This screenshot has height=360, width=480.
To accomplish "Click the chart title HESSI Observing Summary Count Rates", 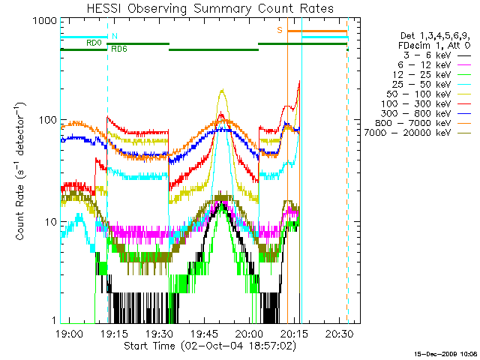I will coord(210,8).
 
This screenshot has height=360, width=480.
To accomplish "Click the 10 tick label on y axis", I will coord(50,223).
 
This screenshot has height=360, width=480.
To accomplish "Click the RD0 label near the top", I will coord(94,43).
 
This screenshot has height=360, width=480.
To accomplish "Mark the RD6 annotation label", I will coord(118,49).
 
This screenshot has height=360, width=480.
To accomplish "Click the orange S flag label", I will coord(280,30).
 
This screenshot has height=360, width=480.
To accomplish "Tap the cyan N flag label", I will coord(114,36).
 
